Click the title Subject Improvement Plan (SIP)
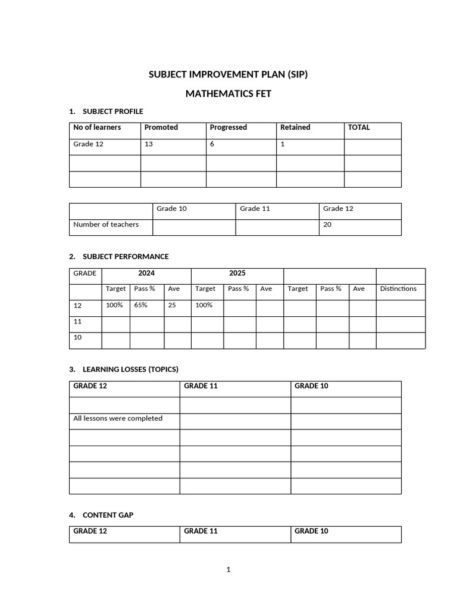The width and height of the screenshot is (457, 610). pos(228,74)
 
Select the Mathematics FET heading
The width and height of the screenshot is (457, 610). pos(228,94)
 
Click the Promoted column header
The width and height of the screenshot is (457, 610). pos(161,127)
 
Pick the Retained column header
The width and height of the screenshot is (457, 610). pos(295,127)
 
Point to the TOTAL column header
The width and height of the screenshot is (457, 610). pos(359,127)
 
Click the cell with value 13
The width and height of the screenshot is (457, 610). pos(148,144)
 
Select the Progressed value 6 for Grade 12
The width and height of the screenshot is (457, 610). pos(212,144)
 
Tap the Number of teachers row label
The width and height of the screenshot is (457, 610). pos(106,225)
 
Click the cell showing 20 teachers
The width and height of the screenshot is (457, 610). pos(327,225)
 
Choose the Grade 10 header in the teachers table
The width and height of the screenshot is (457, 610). pos(171,208)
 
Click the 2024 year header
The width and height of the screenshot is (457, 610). pos(146,273)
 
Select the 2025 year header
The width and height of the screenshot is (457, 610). pos(237,273)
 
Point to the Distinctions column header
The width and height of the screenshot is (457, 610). pos(398,289)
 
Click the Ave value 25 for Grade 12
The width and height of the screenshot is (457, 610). pos(172,305)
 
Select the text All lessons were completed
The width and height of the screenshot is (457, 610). pos(118,418)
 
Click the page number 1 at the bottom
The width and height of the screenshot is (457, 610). pos(228,570)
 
